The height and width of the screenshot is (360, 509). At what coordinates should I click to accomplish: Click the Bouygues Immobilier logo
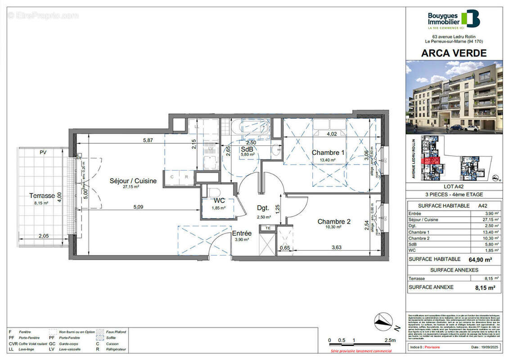(454, 19)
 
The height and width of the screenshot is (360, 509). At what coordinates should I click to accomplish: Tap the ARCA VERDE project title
(454, 53)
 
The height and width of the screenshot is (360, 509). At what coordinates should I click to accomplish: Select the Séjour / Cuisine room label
(133, 181)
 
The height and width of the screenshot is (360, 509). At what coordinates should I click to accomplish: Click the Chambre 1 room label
(328, 153)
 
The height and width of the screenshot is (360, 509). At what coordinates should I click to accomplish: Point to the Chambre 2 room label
(333, 221)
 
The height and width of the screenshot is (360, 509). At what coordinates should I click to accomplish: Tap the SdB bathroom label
(246, 149)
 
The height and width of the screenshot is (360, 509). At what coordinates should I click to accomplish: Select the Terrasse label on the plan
(42, 196)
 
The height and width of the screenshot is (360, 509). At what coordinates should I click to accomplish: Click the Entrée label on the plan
(242, 233)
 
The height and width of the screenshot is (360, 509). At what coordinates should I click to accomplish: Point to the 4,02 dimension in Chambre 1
(331, 134)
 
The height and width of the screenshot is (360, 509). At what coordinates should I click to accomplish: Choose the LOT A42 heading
(454, 186)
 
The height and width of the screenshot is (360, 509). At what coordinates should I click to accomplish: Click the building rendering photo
(454, 97)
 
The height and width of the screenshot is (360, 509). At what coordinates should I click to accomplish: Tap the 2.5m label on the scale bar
(390, 340)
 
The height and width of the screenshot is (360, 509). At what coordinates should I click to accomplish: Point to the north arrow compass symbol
(383, 320)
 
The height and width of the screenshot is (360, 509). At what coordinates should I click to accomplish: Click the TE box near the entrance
(268, 228)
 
